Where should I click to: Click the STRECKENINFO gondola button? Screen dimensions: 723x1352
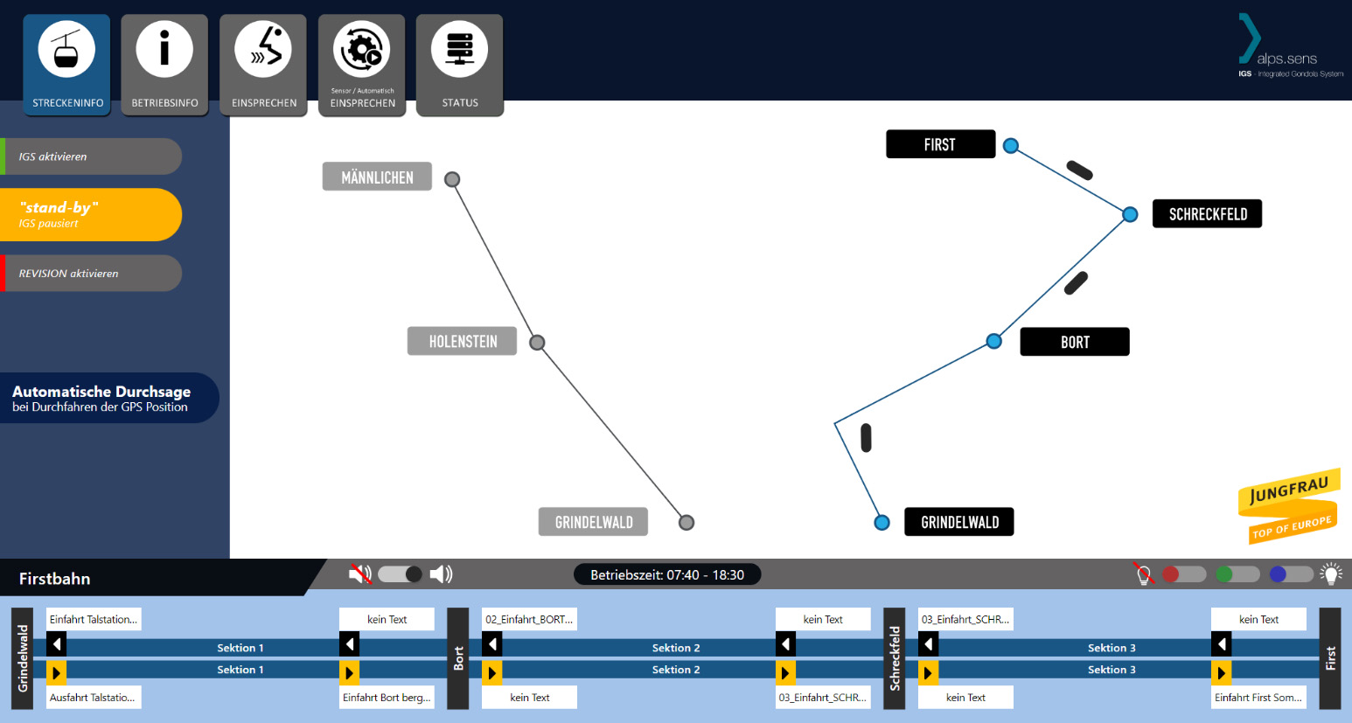click(x=67, y=65)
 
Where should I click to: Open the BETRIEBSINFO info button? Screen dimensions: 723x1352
click(x=164, y=65)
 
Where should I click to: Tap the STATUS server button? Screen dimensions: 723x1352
click(x=460, y=65)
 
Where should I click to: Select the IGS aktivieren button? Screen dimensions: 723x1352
click(x=92, y=156)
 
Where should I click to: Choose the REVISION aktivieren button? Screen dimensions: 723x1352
click(x=92, y=274)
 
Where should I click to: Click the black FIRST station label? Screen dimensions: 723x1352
click(x=940, y=144)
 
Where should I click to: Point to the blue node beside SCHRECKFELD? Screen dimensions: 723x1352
click(x=1130, y=214)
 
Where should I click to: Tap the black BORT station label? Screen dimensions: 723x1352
click(x=1075, y=342)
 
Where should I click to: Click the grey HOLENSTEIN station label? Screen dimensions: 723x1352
click(x=462, y=341)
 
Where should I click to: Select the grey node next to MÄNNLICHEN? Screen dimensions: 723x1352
click(x=452, y=179)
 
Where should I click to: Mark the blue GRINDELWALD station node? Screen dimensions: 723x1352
click(x=882, y=523)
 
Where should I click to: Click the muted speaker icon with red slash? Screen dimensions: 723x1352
click(x=360, y=574)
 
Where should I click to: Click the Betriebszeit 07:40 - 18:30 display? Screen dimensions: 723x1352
click(x=667, y=574)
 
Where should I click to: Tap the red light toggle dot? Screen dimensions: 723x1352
click(x=1171, y=574)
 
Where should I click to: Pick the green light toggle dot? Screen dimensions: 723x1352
click(x=1224, y=574)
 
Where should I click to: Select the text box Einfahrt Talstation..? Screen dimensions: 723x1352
click(x=94, y=619)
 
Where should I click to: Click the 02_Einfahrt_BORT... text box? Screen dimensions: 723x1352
click(x=529, y=619)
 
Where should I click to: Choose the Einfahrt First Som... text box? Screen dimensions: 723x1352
click(x=1258, y=698)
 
